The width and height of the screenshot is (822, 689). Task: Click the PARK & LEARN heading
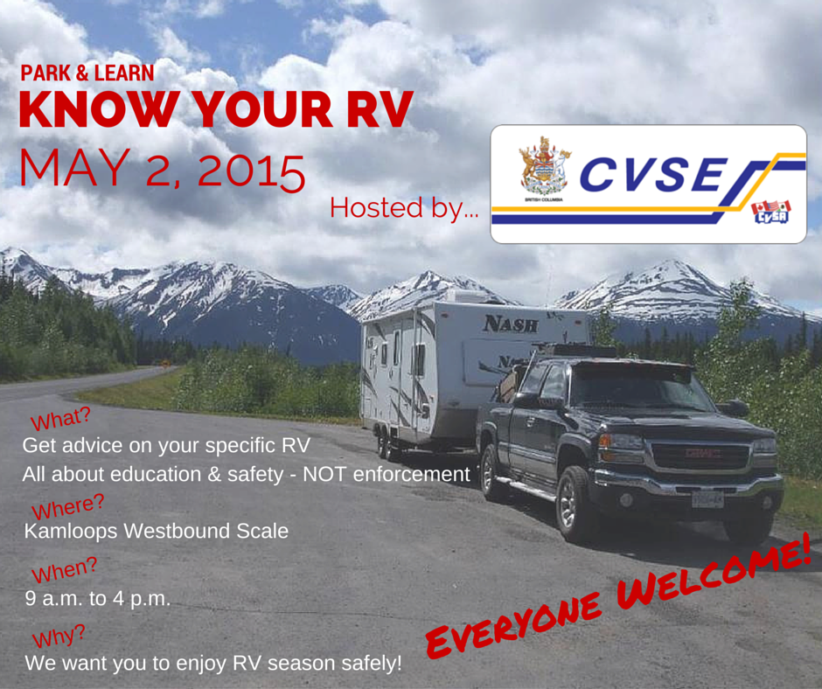(x=87, y=73)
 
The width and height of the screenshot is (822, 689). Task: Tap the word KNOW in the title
(x=98, y=109)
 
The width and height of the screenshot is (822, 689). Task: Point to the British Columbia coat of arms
(x=544, y=167)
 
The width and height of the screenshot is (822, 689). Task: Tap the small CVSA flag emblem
(x=770, y=212)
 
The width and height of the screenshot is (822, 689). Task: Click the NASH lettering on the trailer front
(x=511, y=324)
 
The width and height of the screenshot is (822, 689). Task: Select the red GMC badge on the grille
(x=701, y=453)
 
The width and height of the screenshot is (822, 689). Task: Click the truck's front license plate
(x=707, y=499)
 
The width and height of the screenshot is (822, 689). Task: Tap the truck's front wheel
(x=574, y=505)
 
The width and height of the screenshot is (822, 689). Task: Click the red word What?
(x=61, y=418)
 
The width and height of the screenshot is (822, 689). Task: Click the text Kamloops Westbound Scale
(x=157, y=531)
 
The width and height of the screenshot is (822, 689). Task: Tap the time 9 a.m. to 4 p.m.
(x=98, y=598)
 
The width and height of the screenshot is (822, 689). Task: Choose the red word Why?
(x=59, y=636)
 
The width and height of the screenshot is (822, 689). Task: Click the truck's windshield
(x=637, y=388)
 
